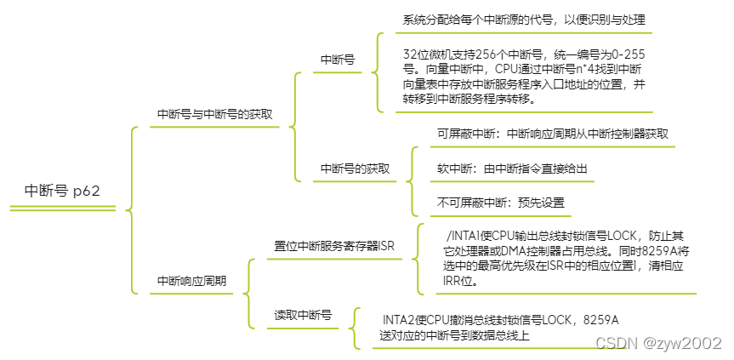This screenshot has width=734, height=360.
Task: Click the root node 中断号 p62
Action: click(x=62, y=191)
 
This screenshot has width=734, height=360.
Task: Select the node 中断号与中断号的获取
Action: click(x=215, y=114)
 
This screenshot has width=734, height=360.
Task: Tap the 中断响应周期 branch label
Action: click(x=192, y=280)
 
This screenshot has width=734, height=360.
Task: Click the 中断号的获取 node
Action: click(x=355, y=169)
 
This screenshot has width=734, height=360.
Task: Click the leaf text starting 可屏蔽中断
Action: click(x=552, y=134)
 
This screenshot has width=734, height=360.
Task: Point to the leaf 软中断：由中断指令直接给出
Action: click(x=512, y=169)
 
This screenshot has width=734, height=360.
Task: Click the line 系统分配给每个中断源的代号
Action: click(x=525, y=20)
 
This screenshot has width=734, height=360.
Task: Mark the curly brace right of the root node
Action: click(x=129, y=209)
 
